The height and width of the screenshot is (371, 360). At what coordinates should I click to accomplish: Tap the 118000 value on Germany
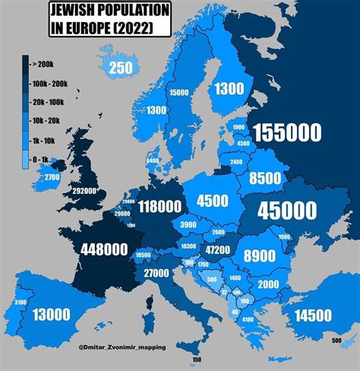(159, 206)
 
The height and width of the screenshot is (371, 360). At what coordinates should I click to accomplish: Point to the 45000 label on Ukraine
(289, 210)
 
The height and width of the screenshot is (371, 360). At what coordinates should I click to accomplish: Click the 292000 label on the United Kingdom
(84, 191)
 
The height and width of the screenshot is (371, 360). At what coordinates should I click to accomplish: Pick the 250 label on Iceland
(120, 68)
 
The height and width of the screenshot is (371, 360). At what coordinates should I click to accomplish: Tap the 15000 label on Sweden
(180, 92)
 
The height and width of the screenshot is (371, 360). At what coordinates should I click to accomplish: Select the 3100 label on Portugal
(19, 303)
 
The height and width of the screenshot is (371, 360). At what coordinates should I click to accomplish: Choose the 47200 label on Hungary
(218, 249)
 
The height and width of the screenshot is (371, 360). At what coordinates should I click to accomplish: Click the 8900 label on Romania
(258, 256)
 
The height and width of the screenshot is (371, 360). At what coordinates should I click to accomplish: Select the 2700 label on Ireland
(52, 177)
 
